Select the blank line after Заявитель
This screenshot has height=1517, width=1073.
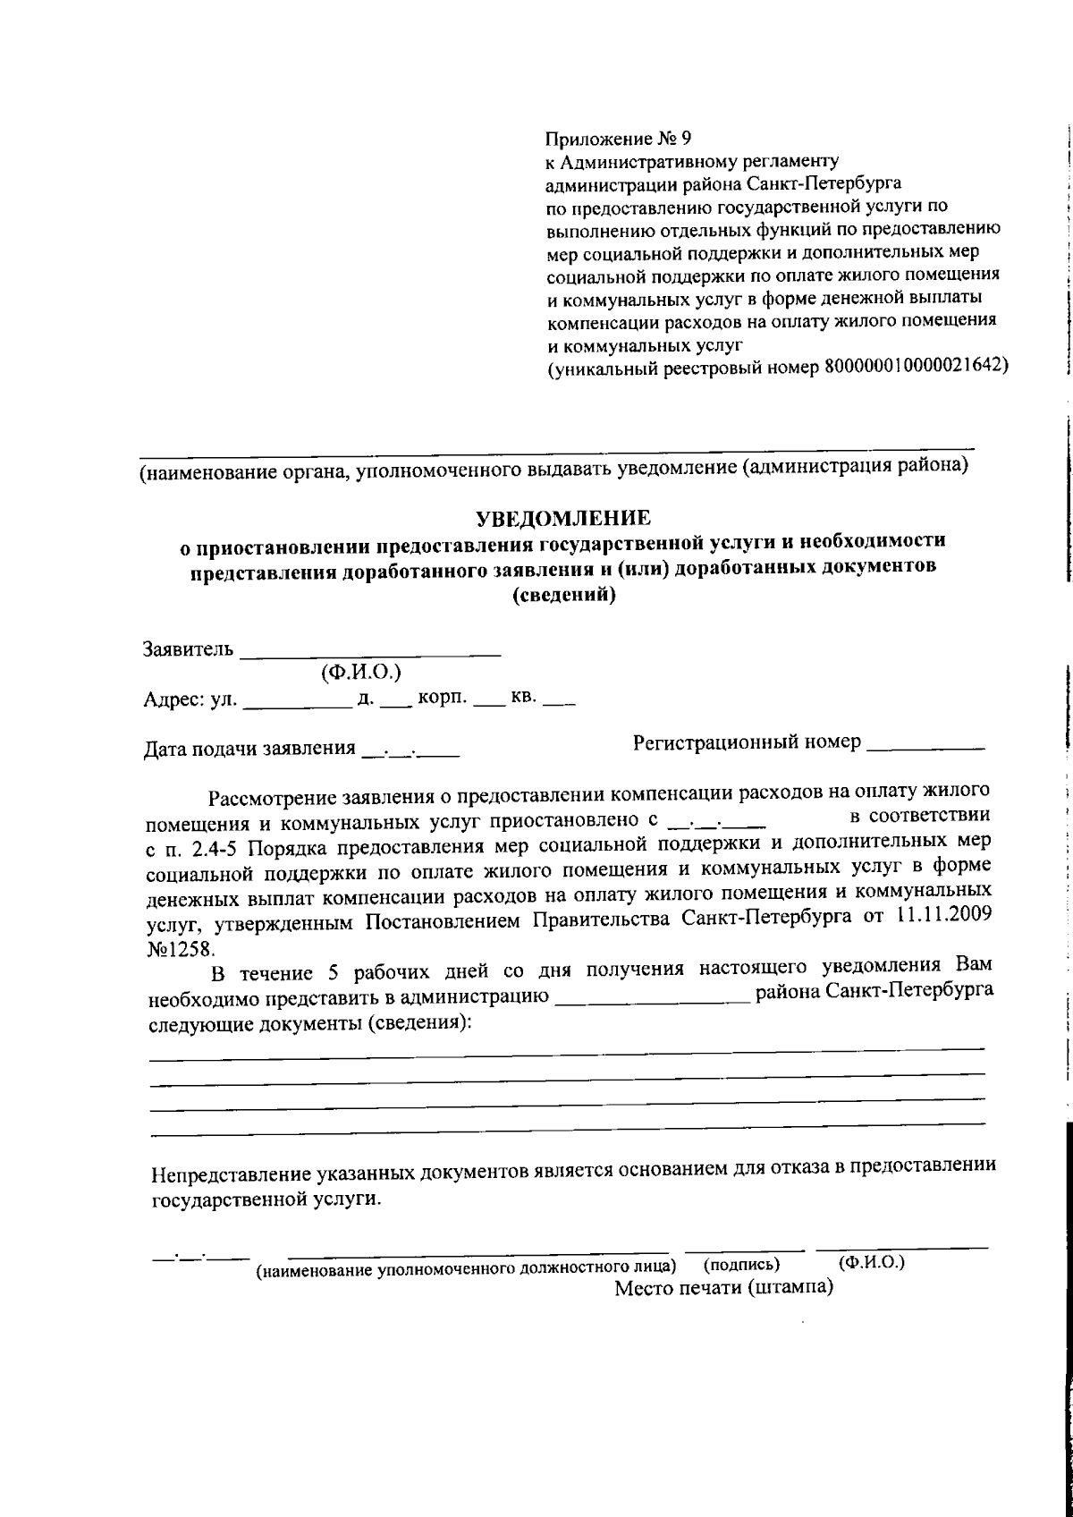(x=370, y=652)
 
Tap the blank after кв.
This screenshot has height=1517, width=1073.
(x=558, y=702)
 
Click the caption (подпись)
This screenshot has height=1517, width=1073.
(x=741, y=1265)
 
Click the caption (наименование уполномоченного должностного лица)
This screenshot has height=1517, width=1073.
(x=466, y=1269)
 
